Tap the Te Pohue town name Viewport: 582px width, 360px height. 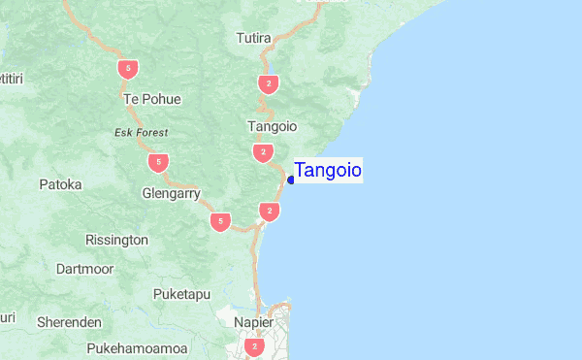pyautogui.click(x=152, y=99)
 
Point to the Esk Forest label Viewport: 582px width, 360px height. pyautogui.click(x=141, y=132)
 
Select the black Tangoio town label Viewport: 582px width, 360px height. pyautogui.click(x=273, y=126)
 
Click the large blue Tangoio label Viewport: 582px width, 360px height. pyautogui.click(x=328, y=171)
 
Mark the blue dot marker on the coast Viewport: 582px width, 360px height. pyautogui.click(x=291, y=180)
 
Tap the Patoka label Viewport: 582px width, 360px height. pyautogui.click(x=60, y=183)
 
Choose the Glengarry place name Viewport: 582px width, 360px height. pyautogui.click(x=171, y=193)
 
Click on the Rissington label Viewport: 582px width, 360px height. pyautogui.click(x=116, y=239)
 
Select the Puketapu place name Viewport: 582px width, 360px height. pyautogui.click(x=181, y=294)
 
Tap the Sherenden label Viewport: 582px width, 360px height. pyautogui.click(x=69, y=321)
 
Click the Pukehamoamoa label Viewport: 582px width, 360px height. pyautogui.click(x=137, y=347)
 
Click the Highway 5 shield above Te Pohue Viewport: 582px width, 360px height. pyautogui.click(x=126, y=69)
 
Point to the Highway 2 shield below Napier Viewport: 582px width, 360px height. pyautogui.click(x=254, y=346)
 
